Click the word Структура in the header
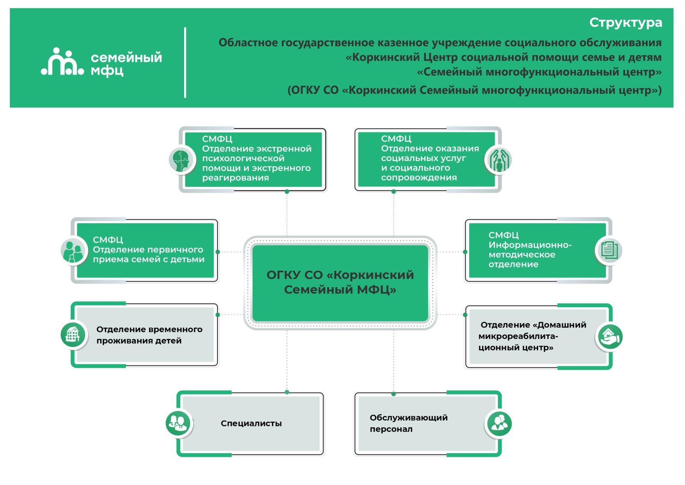pos(625,23)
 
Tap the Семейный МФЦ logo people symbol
pos(63,63)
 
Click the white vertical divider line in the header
pos(185,63)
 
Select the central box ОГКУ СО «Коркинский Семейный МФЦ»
pos(340,283)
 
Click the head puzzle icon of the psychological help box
pos(182,160)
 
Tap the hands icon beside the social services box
pos(499,160)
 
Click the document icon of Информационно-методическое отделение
pos(609,250)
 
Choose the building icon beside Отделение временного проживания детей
pos(73,335)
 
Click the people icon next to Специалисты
pos(178,423)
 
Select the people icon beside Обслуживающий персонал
pos(499,424)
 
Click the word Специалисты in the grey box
pos(251,423)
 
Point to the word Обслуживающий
pos(408,418)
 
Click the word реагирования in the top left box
pos(235,178)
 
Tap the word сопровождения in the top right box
pos(419,178)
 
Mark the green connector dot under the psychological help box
pos(287,192)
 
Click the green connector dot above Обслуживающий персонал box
pos(393,394)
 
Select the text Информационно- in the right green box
pos(530,245)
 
